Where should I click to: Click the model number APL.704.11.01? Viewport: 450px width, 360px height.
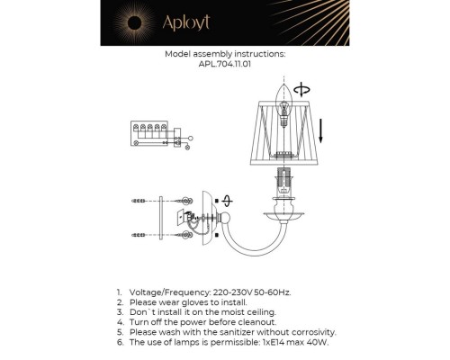coord(225,64)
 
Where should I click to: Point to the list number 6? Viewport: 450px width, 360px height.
coord(119,342)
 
